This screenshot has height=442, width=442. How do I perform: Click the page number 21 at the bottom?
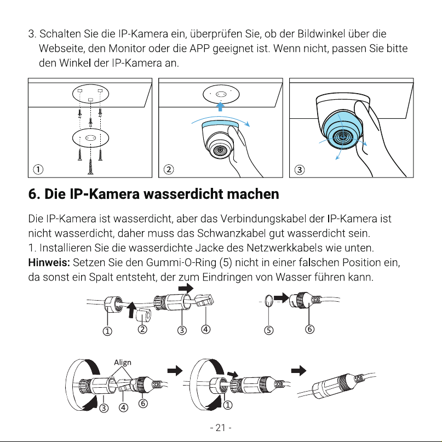220,428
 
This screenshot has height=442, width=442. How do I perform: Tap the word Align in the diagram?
123,363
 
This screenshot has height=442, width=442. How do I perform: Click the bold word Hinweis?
49,263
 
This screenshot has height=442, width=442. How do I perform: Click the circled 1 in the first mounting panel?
38,169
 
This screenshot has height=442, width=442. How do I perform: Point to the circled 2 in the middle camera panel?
169,169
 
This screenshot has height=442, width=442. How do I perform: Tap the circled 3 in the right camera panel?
300,170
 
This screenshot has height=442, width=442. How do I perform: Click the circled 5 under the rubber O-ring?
268,330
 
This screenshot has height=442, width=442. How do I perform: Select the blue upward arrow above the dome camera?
220,107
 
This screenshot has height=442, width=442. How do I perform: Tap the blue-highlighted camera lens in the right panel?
343,137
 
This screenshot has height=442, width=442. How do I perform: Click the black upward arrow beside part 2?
131,310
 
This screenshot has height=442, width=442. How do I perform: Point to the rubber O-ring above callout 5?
269,301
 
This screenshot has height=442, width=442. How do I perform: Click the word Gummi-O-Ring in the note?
181,263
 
